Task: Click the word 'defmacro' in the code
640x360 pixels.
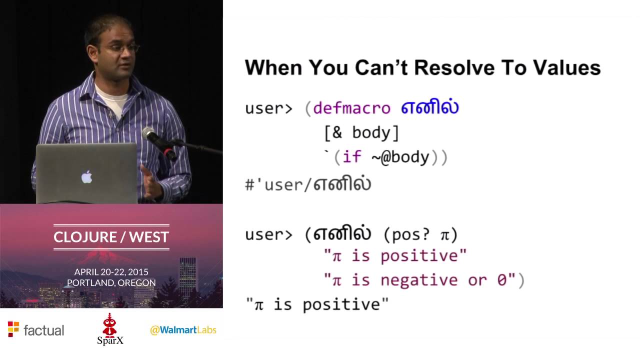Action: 352,108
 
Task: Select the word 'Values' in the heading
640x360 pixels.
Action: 564,67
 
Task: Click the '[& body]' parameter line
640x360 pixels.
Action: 361,132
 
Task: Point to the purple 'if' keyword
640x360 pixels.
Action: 351,157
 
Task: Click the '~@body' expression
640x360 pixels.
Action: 400,157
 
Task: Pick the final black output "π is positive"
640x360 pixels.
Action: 317,304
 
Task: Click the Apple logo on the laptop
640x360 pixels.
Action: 86,176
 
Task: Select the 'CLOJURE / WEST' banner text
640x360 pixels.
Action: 111,236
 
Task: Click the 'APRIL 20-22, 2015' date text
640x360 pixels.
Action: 111,272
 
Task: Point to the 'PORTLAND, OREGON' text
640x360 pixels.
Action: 111,282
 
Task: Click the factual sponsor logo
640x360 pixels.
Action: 36,330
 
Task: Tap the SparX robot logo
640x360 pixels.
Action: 110,329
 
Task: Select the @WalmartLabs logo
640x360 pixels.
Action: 183,330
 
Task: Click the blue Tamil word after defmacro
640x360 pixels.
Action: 429,108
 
